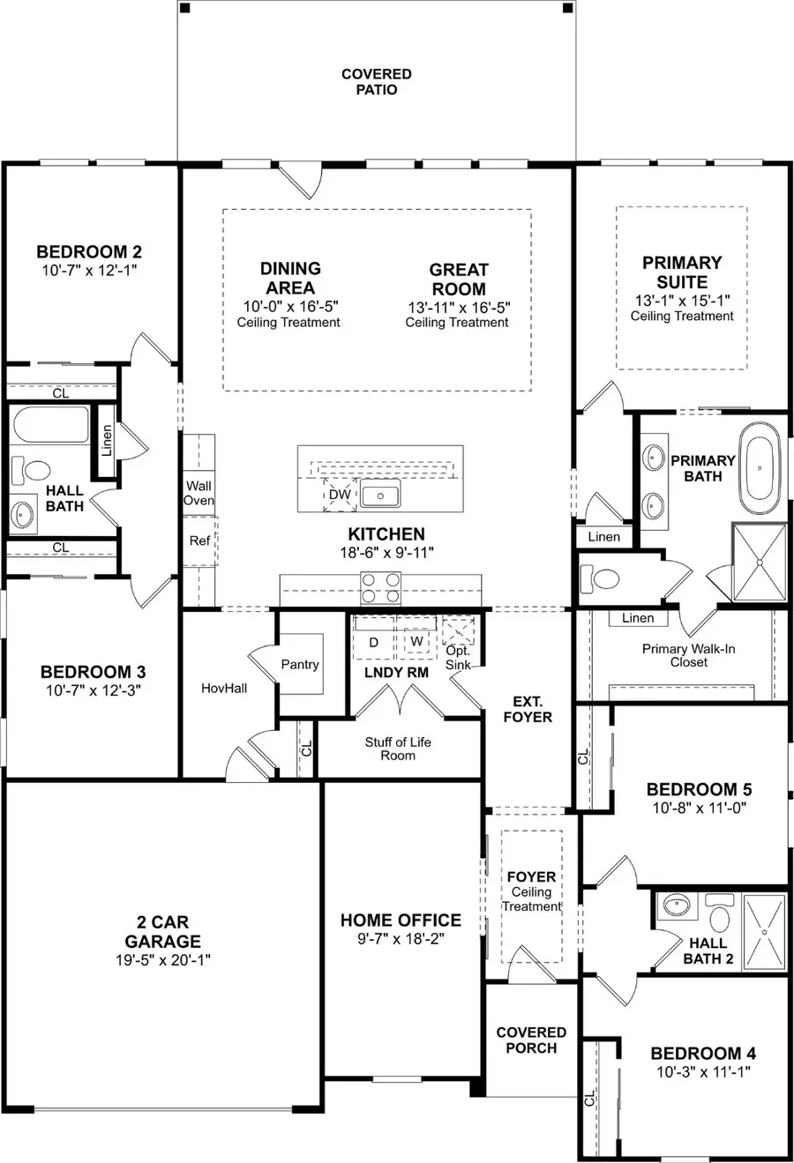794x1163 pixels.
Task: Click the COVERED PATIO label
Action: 376,82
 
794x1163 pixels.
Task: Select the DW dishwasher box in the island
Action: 340,495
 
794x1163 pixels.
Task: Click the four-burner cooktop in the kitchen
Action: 381,588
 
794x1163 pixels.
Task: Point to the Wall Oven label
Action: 199,493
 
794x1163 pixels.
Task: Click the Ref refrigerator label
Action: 199,540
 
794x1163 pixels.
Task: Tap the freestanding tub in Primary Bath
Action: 763,468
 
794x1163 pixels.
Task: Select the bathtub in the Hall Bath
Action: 51,425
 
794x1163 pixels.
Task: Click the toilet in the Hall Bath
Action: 31,469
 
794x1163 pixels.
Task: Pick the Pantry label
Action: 300,664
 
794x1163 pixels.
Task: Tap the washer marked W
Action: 416,641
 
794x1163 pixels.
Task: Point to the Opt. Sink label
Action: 458,658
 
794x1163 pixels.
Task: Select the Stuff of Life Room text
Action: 398,749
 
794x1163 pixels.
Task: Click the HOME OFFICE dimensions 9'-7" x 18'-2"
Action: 401,939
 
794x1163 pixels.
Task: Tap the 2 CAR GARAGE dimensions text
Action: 163,959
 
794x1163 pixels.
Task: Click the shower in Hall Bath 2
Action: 764,932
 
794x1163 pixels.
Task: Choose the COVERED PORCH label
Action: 531,1040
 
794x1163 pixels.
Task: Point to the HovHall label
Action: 224,688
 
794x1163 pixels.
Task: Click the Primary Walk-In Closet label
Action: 688,655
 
